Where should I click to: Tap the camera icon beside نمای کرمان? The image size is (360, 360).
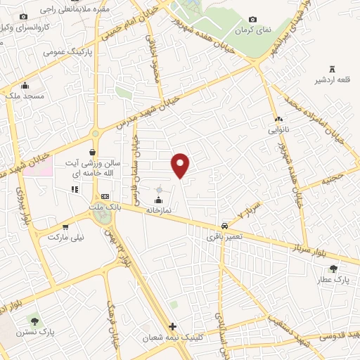253,19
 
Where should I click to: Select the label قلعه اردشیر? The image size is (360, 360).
333,79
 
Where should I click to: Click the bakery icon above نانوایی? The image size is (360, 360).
279,120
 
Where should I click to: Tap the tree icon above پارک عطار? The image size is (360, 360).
333,268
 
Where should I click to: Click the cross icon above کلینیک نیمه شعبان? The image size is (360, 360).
173,327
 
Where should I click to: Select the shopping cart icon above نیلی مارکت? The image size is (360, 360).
65,227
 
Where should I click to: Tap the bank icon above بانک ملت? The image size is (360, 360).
105,196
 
